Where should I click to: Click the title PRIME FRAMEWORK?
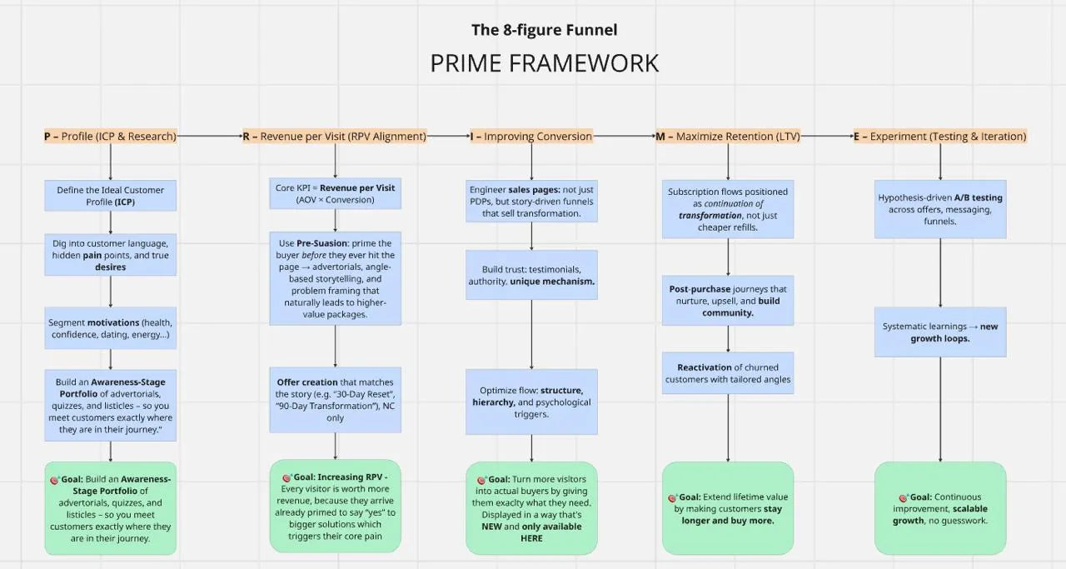point(544,63)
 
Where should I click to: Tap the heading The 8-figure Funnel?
point(544,31)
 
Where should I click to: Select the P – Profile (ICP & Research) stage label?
point(110,136)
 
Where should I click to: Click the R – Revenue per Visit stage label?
point(335,136)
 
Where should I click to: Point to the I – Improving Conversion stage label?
point(531,136)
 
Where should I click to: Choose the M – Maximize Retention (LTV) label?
point(728,136)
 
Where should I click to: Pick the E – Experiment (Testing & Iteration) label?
point(940,136)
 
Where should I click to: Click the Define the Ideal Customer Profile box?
point(110,196)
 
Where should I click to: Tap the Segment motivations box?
point(110,328)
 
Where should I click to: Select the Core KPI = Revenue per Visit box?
point(335,194)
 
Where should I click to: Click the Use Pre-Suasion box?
point(335,278)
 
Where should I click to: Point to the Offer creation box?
point(335,400)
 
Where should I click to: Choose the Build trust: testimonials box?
point(531,276)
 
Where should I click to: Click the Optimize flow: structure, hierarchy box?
point(531,402)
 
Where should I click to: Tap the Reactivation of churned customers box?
point(728,373)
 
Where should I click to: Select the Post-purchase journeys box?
point(728,301)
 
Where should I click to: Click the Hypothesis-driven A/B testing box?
point(940,209)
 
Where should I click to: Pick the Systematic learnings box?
point(940,332)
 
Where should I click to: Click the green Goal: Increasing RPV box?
point(335,507)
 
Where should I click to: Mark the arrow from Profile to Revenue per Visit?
point(209,136)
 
